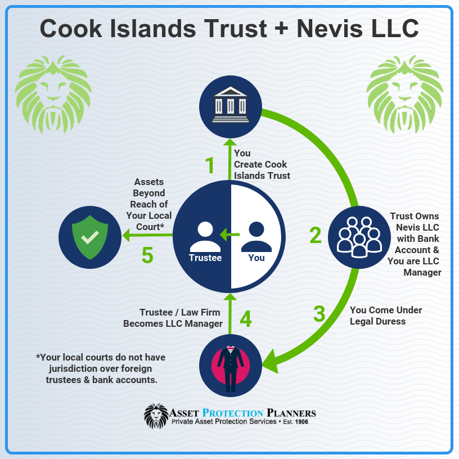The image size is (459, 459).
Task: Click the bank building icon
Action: coord(231,105)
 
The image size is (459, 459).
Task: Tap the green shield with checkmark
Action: coord(90,237)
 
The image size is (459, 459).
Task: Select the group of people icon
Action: coord(359,237)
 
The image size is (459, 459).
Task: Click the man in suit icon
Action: coord(231,369)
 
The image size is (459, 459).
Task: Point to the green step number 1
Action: coord(210,165)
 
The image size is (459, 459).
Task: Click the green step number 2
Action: coord(315,235)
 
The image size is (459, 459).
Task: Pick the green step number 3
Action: coord(319,314)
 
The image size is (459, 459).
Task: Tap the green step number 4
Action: coord(246,319)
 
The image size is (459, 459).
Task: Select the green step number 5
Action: coord(147,255)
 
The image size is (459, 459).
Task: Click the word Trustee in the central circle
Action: coord(205,258)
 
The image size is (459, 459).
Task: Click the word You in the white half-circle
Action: coord(256,258)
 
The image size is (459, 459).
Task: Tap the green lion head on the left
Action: coord(53,94)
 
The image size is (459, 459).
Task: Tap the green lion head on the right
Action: coord(404,94)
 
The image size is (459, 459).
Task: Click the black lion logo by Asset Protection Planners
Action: coord(156,416)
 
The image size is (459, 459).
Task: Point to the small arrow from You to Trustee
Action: coord(230,235)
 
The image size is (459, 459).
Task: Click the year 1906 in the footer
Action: coord(301,422)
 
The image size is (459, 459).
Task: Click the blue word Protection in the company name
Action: coord(233,413)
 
